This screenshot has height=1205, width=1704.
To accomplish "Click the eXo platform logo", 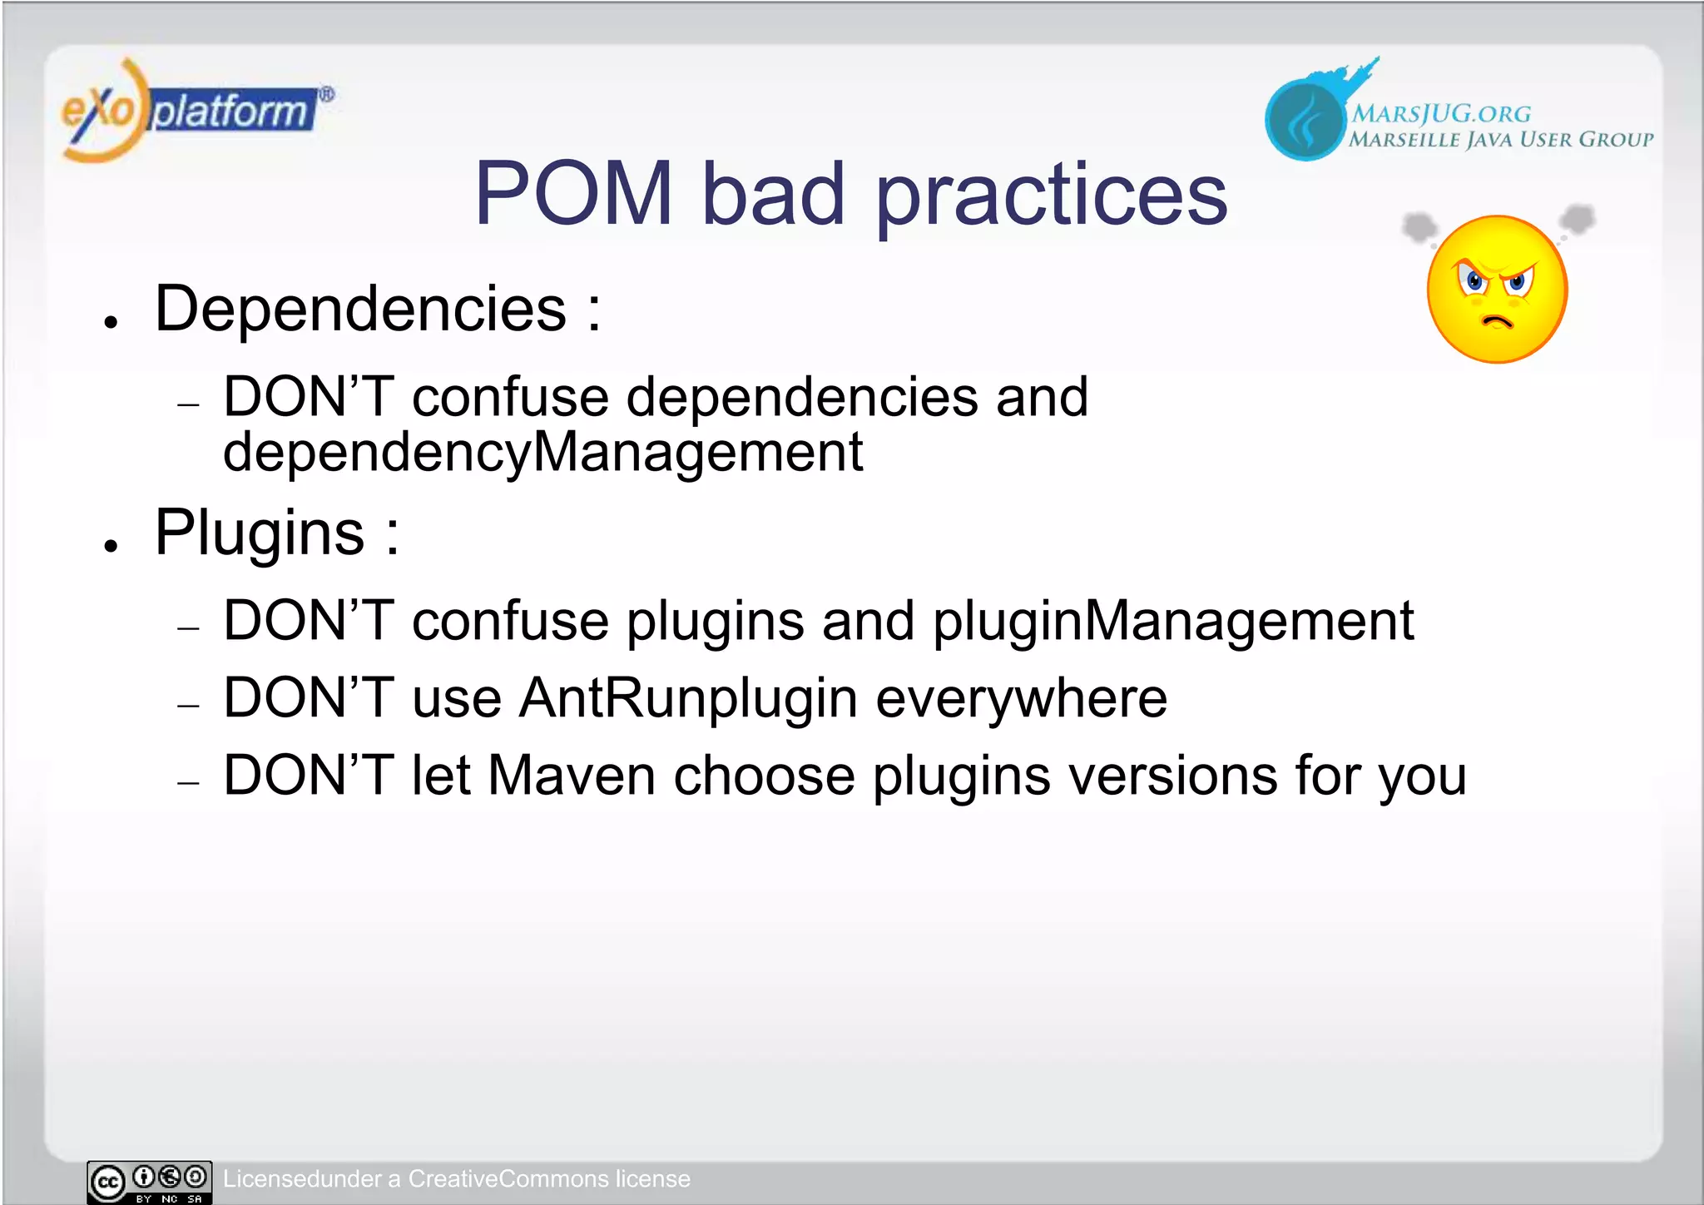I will pyautogui.click(x=196, y=111).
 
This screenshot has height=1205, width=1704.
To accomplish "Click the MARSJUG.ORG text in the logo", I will pyautogui.click(x=1440, y=114).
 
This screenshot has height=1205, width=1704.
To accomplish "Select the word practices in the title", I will pyautogui.click(x=1052, y=196).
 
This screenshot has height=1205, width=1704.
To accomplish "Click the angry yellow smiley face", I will pyautogui.click(x=1497, y=290).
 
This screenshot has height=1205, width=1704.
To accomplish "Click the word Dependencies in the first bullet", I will pyautogui.click(x=360, y=310).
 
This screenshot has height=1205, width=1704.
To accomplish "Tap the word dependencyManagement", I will pyautogui.click(x=542, y=453).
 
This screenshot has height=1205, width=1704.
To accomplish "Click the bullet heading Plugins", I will pyautogui.click(x=260, y=533).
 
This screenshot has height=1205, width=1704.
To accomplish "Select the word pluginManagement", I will pyautogui.click(x=1172, y=621).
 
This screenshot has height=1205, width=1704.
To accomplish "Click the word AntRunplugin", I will pyautogui.click(x=688, y=698).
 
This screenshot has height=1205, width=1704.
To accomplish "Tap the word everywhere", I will pyautogui.click(x=1021, y=698).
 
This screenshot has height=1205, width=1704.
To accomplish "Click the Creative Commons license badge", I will pyautogui.click(x=150, y=1182).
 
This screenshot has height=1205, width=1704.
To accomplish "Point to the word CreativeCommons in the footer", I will pyautogui.click(x=508, y=1179).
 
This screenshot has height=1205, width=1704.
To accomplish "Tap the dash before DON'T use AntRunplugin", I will pyautogui.click(x=189, y=706).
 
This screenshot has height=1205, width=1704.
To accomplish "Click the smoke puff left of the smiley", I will pyautogui.click(x=1419, y=226).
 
